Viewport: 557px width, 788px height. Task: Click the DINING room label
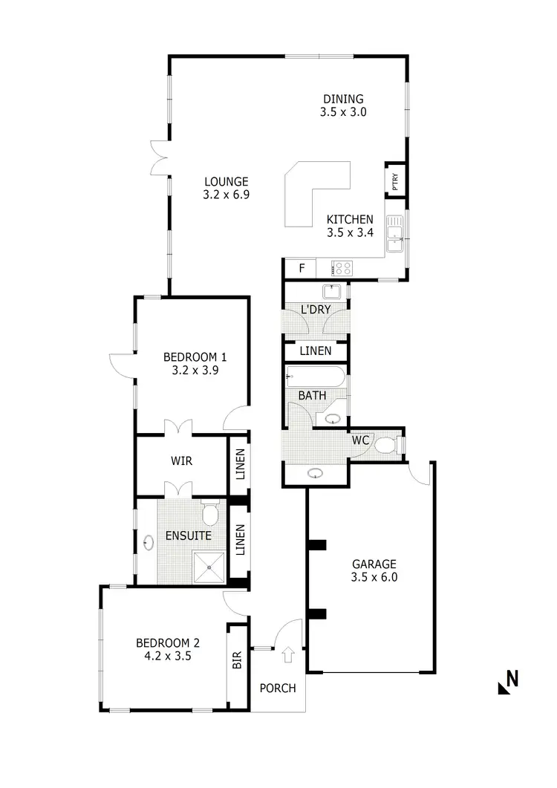[x=342, y=99]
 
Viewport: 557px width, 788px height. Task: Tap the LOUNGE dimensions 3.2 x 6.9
[x=225, y=195]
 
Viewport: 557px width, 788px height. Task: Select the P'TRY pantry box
[x=395, y=180]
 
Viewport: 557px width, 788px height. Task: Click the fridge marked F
[x=301, y=268]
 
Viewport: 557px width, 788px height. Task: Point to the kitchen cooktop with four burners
[x=342, y=268]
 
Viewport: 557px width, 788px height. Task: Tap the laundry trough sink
[x=331, y=290]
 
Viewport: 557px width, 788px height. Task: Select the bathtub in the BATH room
[x=316, y=377]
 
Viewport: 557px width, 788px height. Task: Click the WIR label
[x=181, y=461]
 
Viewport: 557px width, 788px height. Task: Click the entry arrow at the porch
[x=288, y=655]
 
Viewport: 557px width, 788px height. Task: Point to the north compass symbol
[x=508, y=681]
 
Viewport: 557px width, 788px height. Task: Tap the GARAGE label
[x=374, y=564]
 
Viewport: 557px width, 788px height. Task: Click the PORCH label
[x=277, y=688]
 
